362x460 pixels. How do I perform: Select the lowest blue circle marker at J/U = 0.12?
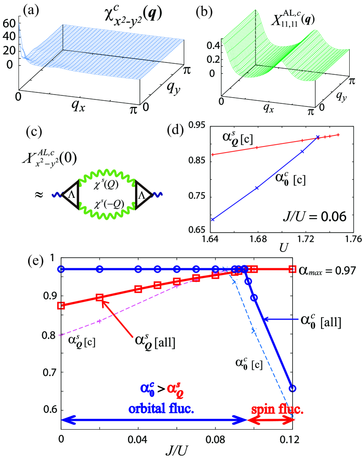point(293,388)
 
